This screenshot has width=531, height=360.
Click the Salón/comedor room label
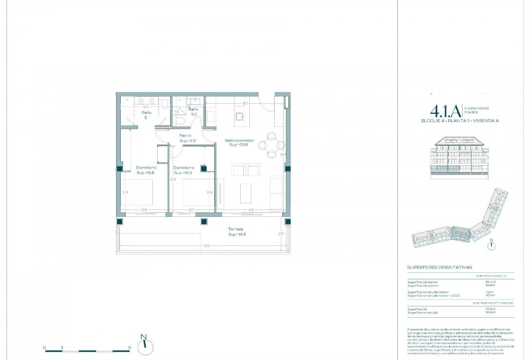pyautogui.click(x=239, y=140)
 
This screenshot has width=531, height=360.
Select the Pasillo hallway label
pyautogui.click(x=185, y=136)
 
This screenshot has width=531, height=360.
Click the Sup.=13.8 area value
pyautogui.click(x=145, y=173)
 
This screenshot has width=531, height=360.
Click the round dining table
pyautogui.click(x=272, y=145)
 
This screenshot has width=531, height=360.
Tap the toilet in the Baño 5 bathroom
pyautogui.click(x=165, y=105)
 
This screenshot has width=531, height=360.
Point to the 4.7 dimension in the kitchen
pyautogui.click(x=245, y=103)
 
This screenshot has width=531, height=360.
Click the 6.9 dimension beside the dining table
pyautogui.click(x=283, y=154)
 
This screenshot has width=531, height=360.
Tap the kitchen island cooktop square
pyautogui.click(x=240, y=117)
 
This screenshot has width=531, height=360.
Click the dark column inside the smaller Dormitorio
pyautogui.click(x=204, y=169)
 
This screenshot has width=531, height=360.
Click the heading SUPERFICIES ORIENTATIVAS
pyautogui.click(x=439, y=267)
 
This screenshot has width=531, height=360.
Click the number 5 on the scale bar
pyautogui.click(x=129, y=347)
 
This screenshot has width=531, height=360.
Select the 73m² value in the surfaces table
pyautogui.click(x=490, y=292)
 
